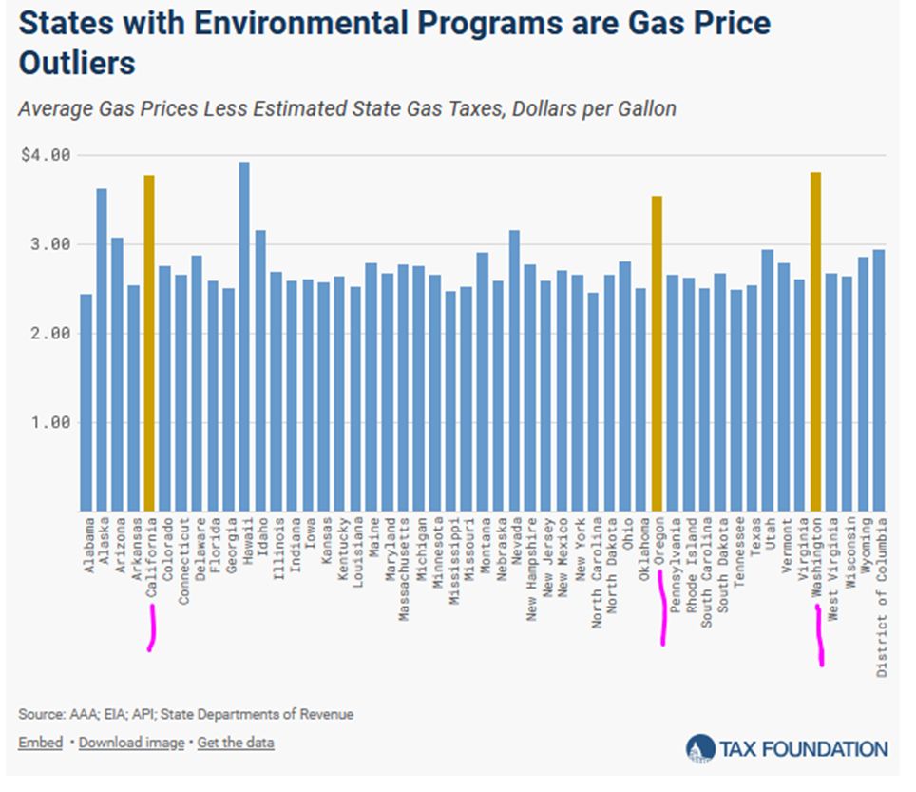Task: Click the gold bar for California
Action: click(x=149, y=342)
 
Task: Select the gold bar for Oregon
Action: click(x=657, y=353)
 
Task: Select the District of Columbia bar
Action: click(x=879, y=379)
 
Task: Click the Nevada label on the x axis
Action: click(x=515, y=543)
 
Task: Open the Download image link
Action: click(x=131, y=743)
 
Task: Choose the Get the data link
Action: click(x=236, y=743)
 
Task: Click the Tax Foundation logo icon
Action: click(x=700, y=748)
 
